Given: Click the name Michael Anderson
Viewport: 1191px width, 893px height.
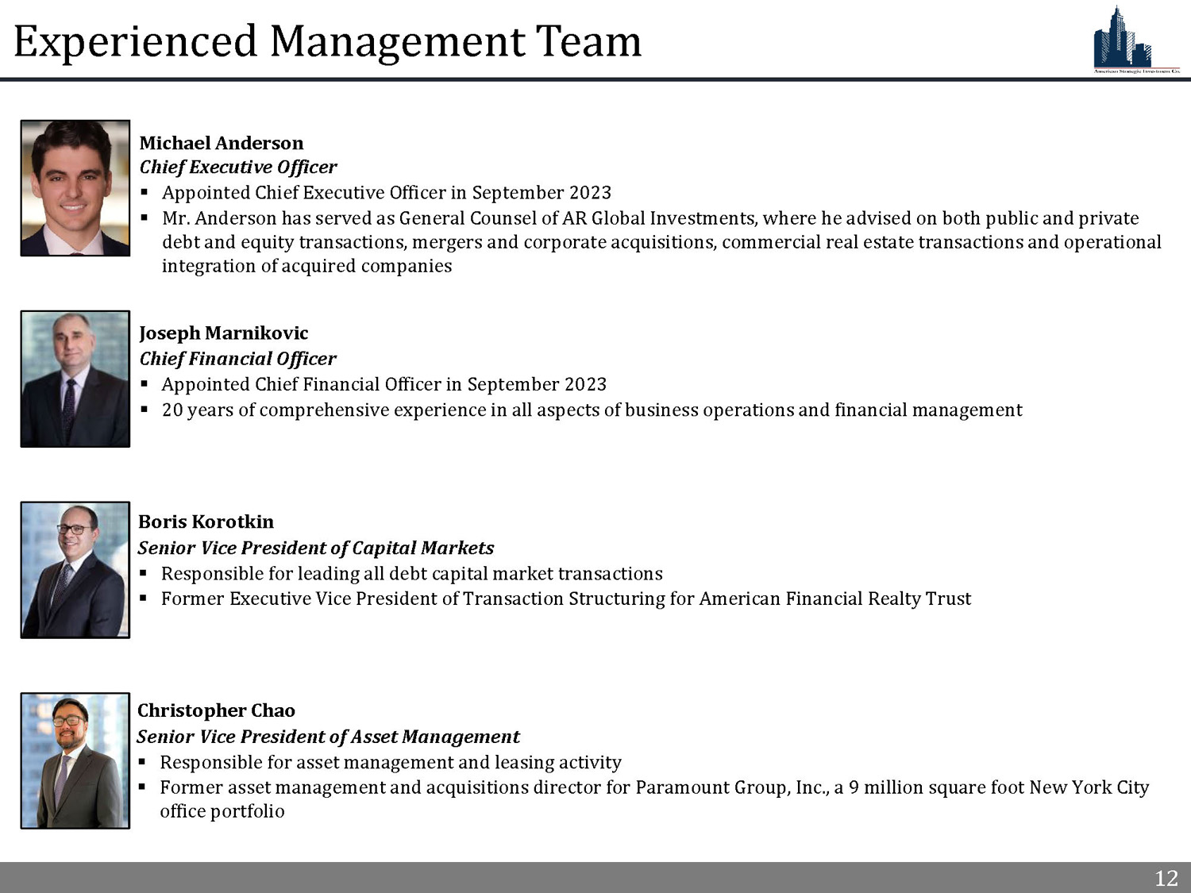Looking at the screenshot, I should [x=221, y=143].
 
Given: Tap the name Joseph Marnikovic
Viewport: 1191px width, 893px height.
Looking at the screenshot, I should [x=223, y=333].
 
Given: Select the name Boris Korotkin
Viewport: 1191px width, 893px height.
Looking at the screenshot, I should [x=206, y=522].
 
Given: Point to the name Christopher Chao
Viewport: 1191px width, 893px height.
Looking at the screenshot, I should [x=216, y=710].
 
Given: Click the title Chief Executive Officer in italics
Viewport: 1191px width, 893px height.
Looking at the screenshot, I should [x=238, y=167].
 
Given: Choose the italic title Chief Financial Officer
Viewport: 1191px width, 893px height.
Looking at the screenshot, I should [x=237, y=359].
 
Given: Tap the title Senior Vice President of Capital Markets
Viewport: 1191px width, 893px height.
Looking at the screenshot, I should [x=315, y=548].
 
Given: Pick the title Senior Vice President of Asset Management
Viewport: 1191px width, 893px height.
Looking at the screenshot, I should [x=328, y=737].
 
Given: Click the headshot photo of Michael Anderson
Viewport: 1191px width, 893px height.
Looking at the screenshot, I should [x=75, y=188].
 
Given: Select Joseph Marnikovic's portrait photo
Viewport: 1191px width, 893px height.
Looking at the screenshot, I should [x=75, y=379].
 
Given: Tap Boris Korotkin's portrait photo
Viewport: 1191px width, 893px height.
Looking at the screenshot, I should [x=75, y=569].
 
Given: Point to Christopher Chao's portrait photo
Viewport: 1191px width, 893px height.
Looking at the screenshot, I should [x=75, y=760].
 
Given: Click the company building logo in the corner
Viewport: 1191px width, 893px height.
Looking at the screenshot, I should [x=1135, y=40].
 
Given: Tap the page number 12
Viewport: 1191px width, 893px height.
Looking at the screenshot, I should [x=1166, y=878].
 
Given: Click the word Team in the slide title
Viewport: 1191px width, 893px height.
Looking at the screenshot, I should [x=588, y=41].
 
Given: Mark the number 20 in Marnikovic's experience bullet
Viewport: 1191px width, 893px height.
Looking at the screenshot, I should [x=172, y=410].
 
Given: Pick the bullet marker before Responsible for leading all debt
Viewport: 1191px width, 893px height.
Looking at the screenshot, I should [x=144, y=574].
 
